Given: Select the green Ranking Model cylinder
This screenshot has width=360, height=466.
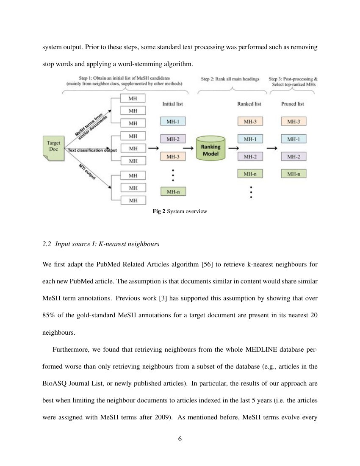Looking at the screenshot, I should point(211,148).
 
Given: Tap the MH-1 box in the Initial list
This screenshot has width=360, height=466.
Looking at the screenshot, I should point(173,122).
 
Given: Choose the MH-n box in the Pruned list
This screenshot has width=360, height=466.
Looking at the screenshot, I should point(294,174).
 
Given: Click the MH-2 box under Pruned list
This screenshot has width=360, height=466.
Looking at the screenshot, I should point(294,157).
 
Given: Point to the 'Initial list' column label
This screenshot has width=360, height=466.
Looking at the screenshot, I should point(173,103).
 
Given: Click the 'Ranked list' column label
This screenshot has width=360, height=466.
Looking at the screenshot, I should point(250,103).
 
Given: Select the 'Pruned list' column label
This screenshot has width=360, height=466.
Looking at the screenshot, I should point(293,103).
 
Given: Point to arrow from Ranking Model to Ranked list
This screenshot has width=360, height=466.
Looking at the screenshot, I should point(233,148).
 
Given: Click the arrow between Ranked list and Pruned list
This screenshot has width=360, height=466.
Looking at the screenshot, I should point(272,148).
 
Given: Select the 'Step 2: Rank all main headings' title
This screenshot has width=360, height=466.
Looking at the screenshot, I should point(230,79).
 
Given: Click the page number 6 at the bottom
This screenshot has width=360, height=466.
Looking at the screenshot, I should point(180,438).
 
